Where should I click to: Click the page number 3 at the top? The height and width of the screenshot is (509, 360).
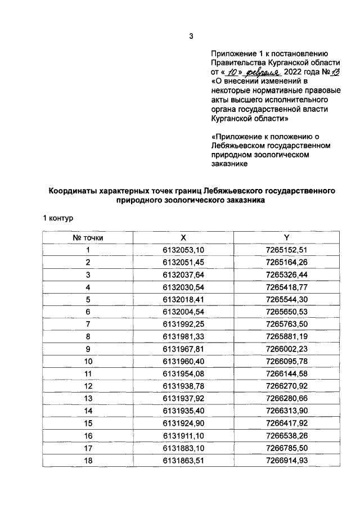tap(191, 37)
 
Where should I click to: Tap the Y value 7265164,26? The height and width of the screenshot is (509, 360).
tap(287, 262)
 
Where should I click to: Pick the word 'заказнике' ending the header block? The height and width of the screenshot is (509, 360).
tap(230, 164)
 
